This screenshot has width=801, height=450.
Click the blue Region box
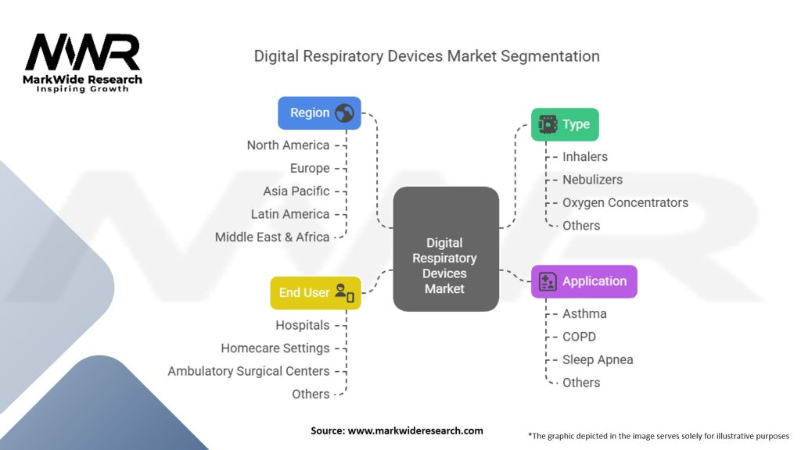point(319,113)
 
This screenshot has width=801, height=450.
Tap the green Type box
point(565,124)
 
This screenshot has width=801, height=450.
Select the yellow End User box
point(315,293)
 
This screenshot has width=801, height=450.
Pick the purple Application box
point(584,281)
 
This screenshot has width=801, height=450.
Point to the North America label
point(288,145)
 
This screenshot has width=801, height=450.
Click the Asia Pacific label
point(296,191)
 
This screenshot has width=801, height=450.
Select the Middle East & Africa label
point(272,237)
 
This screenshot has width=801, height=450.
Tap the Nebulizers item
point(592,180)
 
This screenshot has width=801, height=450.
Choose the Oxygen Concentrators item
point(625,202)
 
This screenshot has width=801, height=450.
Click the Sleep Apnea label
point(598,359)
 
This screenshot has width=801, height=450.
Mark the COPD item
point(579,337)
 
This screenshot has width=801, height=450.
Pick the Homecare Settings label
point(275,348)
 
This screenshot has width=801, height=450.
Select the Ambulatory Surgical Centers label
point(249,371)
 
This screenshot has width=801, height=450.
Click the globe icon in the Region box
point(344,113)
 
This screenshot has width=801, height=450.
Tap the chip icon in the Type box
point(548,124)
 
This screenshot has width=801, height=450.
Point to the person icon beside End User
point(344,293)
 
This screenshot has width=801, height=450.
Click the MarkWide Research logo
point(83,62)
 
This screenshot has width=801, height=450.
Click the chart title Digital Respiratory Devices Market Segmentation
point(427,56)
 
